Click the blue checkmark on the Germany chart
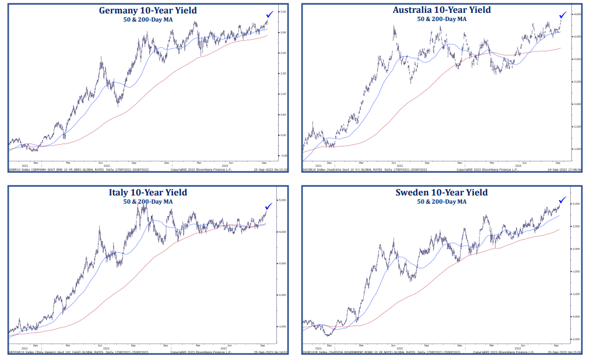[x=269, y=14]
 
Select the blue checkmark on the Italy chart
[x=268, y=205]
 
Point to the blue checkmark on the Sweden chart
[x=563, y=200]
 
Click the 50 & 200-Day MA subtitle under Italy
[x=148, y=201]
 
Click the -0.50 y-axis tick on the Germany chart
[x=283, y=156]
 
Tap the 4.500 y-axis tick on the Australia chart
[x=577, y=14]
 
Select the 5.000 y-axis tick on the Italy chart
[x=283, y=200]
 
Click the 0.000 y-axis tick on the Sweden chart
[x=577, y=339]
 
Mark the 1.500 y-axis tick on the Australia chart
[x=577, y=149]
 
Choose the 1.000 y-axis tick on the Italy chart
[x=283, y=327]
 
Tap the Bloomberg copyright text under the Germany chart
[x=200, y=170]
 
